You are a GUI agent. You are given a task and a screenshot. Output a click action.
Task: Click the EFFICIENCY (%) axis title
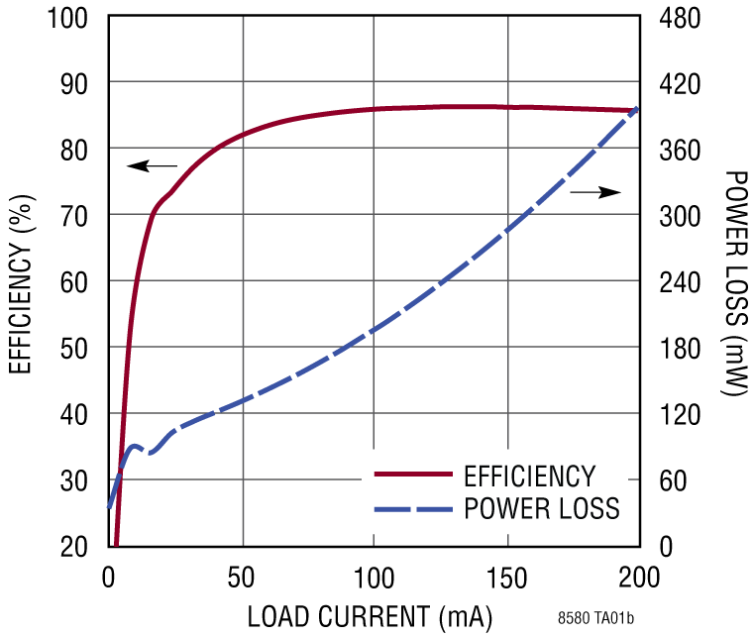(21, 281)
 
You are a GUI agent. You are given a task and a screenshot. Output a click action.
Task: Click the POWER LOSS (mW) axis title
(734, 283)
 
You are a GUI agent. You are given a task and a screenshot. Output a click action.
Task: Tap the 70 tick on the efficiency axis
(75, 215)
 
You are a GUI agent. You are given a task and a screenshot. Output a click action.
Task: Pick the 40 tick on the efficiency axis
(75, 413)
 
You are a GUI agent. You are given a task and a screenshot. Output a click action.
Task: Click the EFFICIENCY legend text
(529, 476)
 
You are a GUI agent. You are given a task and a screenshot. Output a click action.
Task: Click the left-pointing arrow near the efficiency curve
(152, 165)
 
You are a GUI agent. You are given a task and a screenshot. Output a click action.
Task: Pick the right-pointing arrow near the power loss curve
(595, 192)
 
